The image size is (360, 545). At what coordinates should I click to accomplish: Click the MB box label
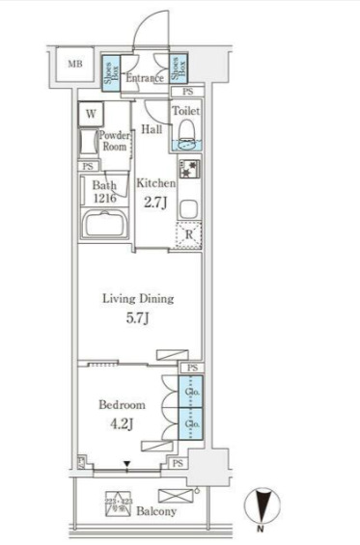(74, 65)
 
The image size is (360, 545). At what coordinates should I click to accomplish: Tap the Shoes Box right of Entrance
(180, 67)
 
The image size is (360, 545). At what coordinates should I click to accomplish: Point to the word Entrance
(146, 78)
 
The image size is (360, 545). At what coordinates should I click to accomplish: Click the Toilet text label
(186, 111)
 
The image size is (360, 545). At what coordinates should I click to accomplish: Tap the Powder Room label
(115, 143)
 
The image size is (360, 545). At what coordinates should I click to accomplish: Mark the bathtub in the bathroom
(106, 230)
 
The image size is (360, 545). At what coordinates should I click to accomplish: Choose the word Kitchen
(155, 183)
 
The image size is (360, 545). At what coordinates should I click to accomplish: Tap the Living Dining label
(137, 298)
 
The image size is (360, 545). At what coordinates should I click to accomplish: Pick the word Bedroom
(121, 405)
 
